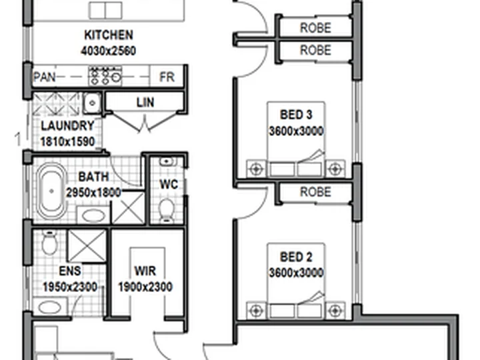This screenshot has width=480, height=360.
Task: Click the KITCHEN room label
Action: [109, 35]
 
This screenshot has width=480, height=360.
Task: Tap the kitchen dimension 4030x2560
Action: [109, 51]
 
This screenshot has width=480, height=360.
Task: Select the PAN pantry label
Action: [45, 77]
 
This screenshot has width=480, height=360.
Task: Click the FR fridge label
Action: [167, 77]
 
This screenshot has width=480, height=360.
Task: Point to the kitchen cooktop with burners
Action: [105, 75]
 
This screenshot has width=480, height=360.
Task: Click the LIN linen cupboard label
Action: [145, 102]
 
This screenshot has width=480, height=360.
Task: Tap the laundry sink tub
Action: [92, 103]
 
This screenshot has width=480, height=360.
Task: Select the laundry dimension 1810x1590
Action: [67, 142]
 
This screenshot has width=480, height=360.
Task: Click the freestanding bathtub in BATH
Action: [51, 191]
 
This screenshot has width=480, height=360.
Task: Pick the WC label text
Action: [169, 184]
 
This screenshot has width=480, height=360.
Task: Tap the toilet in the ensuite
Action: [49, 243]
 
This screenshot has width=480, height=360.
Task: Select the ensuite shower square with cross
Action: [87, 246]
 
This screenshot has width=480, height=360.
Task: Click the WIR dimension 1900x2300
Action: [145, 287]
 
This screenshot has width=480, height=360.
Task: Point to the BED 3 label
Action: [296, 115]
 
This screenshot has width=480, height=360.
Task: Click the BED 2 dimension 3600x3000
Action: [296, 273]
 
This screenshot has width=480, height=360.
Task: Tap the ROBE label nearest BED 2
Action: [315, 192]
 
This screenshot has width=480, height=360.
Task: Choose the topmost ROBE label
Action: [315, 28]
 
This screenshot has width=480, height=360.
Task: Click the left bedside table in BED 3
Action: [256, 169]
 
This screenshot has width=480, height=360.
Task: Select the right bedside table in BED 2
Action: [335, 311]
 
